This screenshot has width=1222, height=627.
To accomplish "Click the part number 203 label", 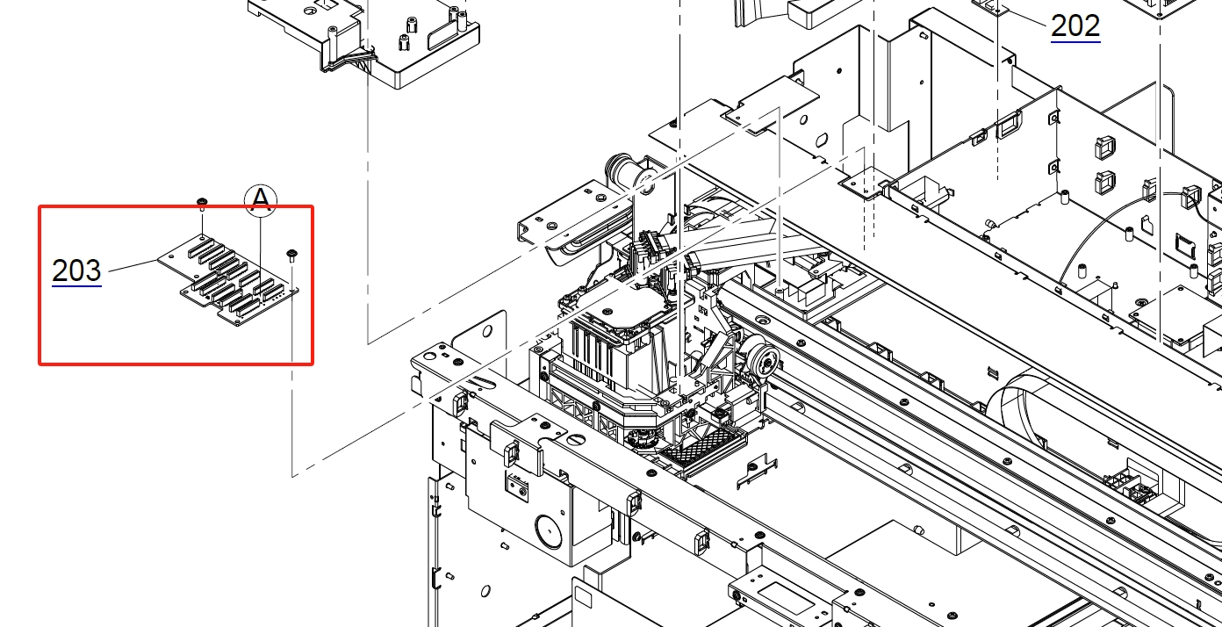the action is tap(76, 270).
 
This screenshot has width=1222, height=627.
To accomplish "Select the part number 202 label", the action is tap(1075, 26).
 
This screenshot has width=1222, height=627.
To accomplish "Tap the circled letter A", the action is tap(261, 200).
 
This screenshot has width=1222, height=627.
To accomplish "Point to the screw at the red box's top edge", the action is tap(202, 203).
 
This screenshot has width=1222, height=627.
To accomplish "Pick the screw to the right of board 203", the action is tap(291, 255).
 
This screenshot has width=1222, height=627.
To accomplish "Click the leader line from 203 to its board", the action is tap(133, 266).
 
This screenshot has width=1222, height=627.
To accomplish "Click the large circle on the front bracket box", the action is tap(549, 531).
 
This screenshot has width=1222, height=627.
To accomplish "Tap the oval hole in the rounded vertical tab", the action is tap(487, 331).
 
